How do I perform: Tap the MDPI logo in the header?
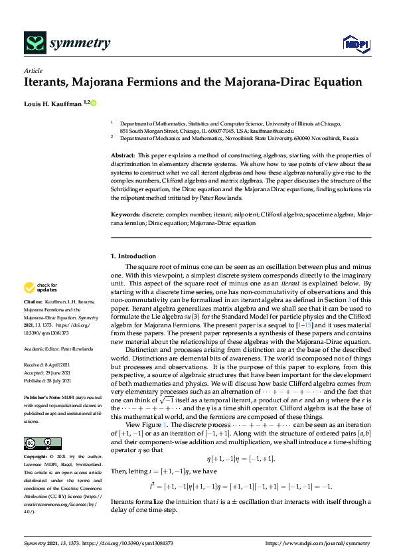pos(355,44)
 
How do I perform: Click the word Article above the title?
pos(33,70)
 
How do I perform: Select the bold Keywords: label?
pos(125,215)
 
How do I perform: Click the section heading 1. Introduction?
pos(133,256)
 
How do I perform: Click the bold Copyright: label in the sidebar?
pos(37,438)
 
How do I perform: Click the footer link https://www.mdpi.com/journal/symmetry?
pos(318,544)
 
